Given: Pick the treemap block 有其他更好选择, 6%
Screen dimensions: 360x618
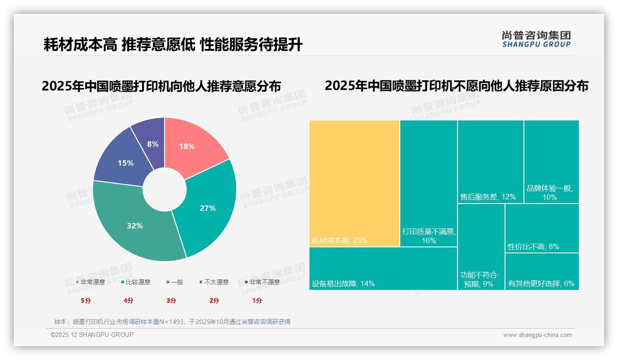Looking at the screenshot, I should [x=542, y=272].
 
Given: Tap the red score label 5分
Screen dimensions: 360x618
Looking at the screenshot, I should [x=86, y=300].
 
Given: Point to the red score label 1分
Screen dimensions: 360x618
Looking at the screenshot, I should [x=257, y=300].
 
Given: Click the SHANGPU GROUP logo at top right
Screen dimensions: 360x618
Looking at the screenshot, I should [x=536, y=39].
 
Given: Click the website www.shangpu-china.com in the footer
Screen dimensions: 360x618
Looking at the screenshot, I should [x=537, y=335].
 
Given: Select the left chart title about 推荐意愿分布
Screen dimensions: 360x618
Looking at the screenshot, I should [x=161, y=86].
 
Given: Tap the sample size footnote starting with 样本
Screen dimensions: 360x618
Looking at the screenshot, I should [x=172, y=322].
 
